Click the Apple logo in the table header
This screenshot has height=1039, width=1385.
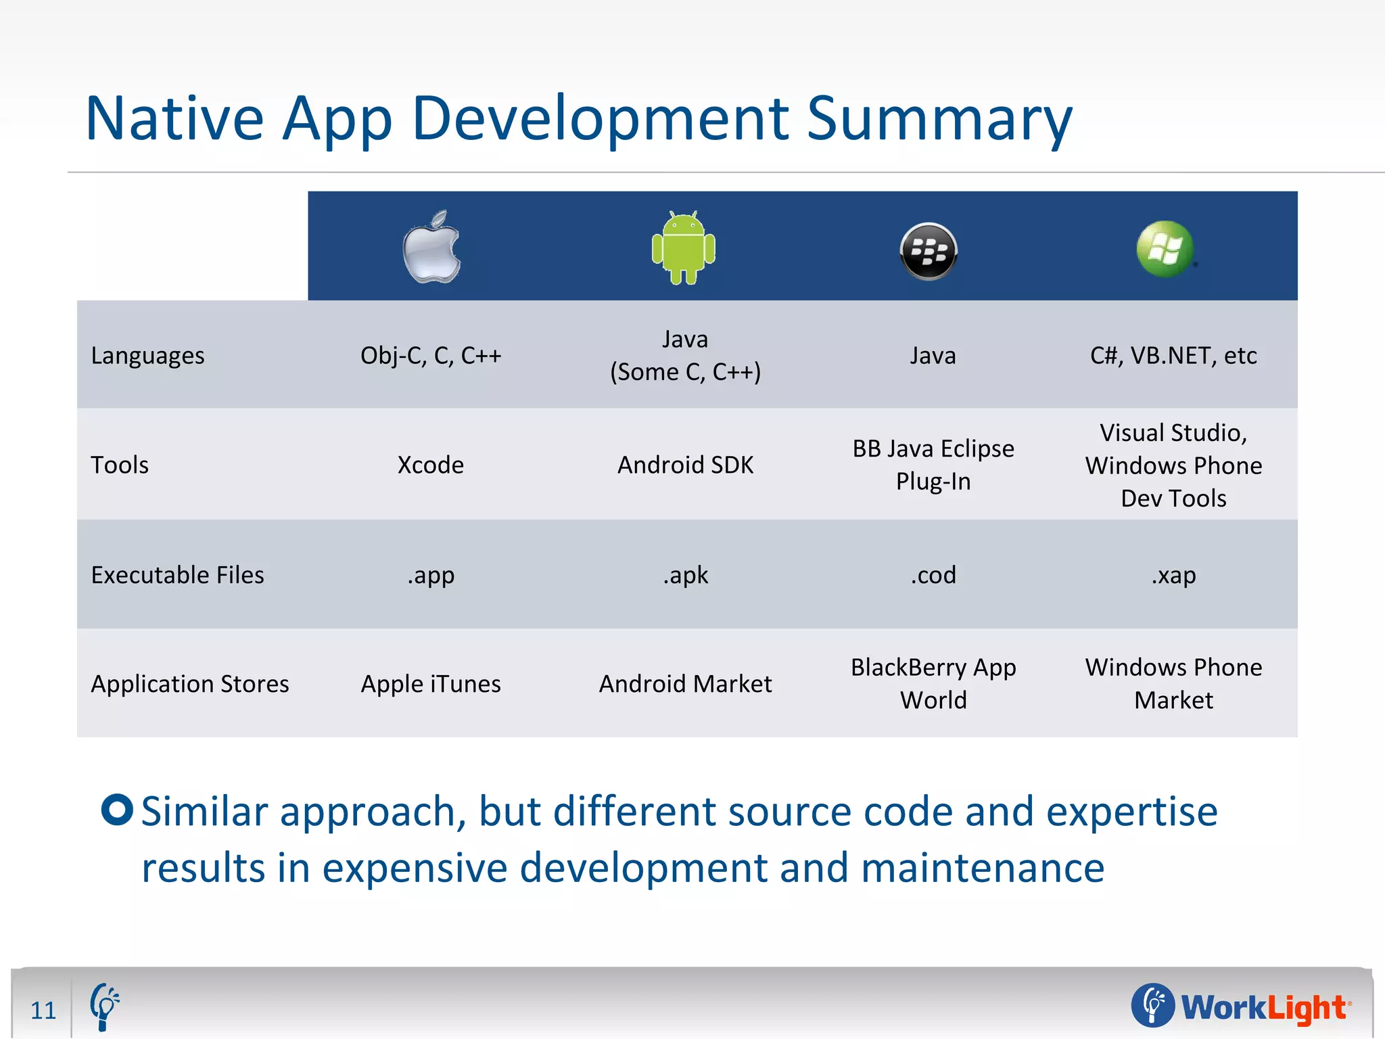click(x=431, y=248)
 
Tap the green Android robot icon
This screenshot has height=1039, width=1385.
click(x=684, y=248)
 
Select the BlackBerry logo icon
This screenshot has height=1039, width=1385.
click(x=929, y=251)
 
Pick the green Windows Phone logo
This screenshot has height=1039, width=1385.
click(x=1165, y=248)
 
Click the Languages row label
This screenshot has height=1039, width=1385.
click(x=147, y=356)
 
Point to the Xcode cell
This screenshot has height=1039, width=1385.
click(x=431, y=465)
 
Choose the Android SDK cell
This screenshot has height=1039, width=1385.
click(x=685, y=465)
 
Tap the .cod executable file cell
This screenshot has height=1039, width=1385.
click(x=933, y=575)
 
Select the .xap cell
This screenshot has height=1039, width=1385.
click(x=1173, y=575)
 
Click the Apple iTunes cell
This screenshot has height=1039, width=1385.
click(x=431, y=684)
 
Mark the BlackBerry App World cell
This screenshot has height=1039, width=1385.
click(x=933, y=683)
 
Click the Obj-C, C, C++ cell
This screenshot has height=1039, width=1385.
click(x=431, y=356)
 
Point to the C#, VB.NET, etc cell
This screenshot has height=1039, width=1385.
click(x=1173, y=356)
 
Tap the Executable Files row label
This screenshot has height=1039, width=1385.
click(x=177, y=575)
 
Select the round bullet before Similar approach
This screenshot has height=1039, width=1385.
click(x=117, y=809)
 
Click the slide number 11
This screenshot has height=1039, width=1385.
click(x=43, y=1010)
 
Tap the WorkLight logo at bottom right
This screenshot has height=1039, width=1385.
click(x=1241, y=1007)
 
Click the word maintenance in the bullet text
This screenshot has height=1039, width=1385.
click(x=983, y=868)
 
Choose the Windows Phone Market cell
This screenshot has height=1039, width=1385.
click(x=1173, y=683)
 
